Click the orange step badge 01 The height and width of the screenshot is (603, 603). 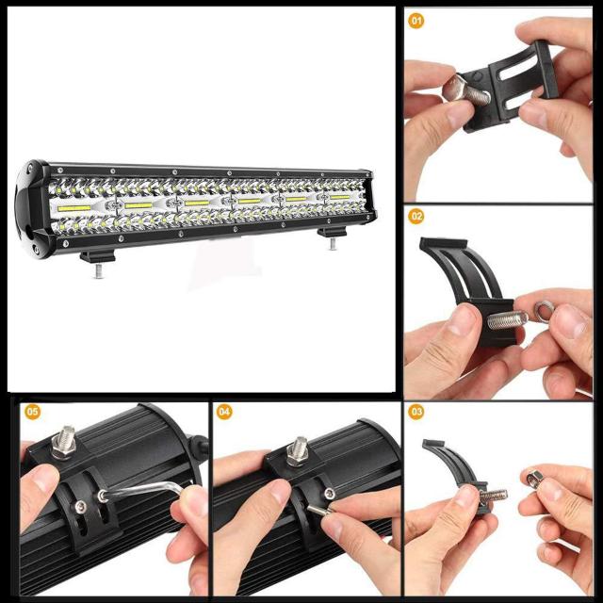416,19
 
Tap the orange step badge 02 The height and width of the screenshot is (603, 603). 416,216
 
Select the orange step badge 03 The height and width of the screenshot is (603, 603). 416,412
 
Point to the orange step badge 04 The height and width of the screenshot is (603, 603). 224,412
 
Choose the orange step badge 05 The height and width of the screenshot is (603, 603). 33,412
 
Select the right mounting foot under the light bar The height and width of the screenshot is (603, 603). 332,234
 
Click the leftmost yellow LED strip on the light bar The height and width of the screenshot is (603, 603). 71,204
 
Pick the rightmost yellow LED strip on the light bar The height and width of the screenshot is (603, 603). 340,198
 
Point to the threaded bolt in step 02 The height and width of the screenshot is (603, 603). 507,319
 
